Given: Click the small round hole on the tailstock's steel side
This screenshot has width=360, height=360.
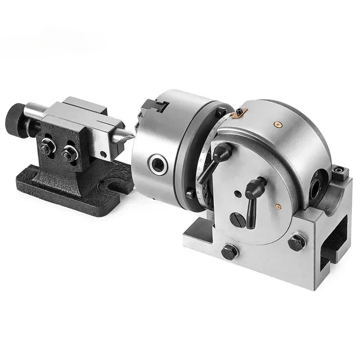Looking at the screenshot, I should tap(103, 154).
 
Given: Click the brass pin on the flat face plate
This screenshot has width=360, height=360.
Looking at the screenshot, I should tap(279, 206).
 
